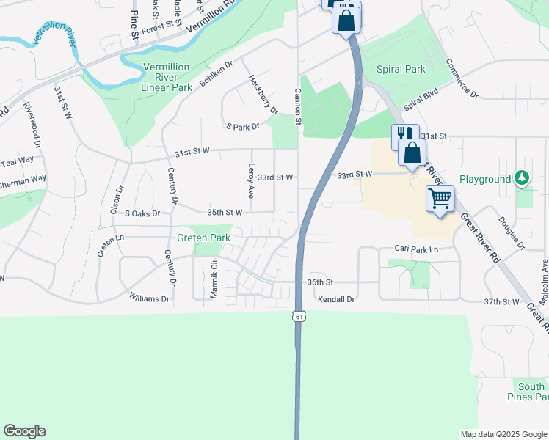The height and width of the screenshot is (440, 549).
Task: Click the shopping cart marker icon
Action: (440, 197)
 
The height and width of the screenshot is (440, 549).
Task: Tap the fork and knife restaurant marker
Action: (404, 134)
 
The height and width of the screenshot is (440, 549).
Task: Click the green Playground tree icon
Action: (522, 177)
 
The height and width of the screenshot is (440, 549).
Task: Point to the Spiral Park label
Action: (401, 70)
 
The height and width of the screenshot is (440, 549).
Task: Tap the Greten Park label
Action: (203, 238)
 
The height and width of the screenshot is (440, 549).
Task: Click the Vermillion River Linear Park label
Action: (167, 76)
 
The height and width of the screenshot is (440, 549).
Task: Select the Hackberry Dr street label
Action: (263, 94)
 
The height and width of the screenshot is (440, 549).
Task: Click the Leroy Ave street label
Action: (251, 180)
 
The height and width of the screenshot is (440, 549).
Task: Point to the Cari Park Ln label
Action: (415, 249)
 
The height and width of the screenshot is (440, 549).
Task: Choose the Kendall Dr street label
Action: (336, 299)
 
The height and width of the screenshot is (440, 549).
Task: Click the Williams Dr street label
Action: (149, 298)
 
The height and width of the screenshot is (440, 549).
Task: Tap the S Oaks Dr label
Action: (142, 213)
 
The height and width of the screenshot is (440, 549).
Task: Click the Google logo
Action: (25, 431)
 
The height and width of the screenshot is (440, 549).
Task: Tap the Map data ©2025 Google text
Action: (503, 434)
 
